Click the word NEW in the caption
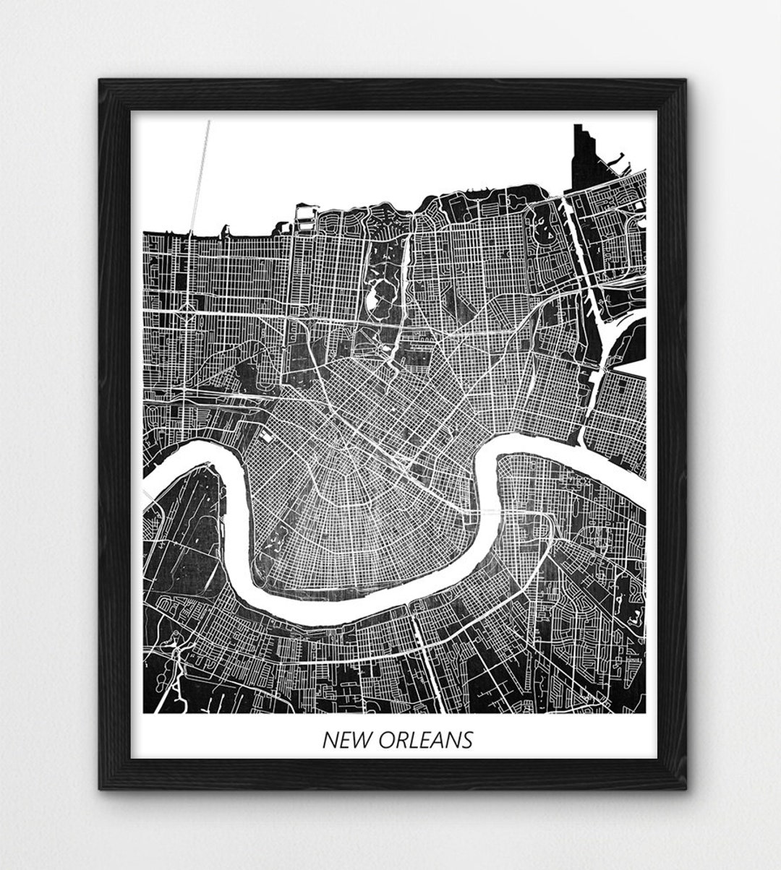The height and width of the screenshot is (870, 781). click(x=341, y=740)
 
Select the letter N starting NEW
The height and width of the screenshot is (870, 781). click(x=328, y=740)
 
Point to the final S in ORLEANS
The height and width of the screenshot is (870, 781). click(x=467, y=740)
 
